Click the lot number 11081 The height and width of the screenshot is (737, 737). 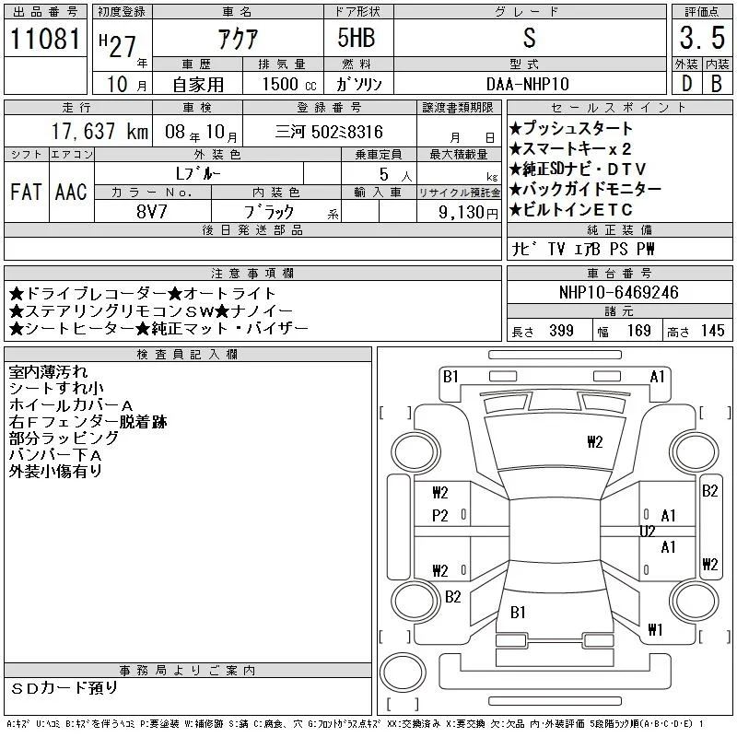[x=45, y=38]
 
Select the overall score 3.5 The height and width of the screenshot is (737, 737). [x=702, y=38]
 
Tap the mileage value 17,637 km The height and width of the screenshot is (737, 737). [x=99, y=132]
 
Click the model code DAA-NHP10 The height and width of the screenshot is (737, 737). [x=527, y=84]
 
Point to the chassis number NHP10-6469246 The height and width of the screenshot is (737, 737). [x=618, y=292]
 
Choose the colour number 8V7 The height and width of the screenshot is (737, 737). [x=151, y=212]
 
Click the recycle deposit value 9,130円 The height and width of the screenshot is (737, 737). [x=468, y=213]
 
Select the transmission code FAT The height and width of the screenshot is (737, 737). [x=27, y=192]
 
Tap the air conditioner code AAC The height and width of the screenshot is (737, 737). [x=71, y=192]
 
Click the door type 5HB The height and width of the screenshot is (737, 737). [x=357, y=38]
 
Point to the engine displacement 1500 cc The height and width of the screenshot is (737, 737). [x=289, y=84]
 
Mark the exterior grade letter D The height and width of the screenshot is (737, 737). [x=686, y=84]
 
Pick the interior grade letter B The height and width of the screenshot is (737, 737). [x=717, y=84]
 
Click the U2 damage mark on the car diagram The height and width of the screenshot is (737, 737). [x=648, y=532]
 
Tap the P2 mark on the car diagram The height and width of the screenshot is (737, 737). [x=440, y=516]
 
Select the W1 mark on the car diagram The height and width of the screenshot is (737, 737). [x=655, y=629]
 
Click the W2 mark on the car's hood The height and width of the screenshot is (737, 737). [x=594, y=442]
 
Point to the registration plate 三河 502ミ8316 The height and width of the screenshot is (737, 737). [x=329, y=132]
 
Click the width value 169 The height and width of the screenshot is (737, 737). [x=638, y=331]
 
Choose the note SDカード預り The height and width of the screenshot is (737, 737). [x=64, y=688]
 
